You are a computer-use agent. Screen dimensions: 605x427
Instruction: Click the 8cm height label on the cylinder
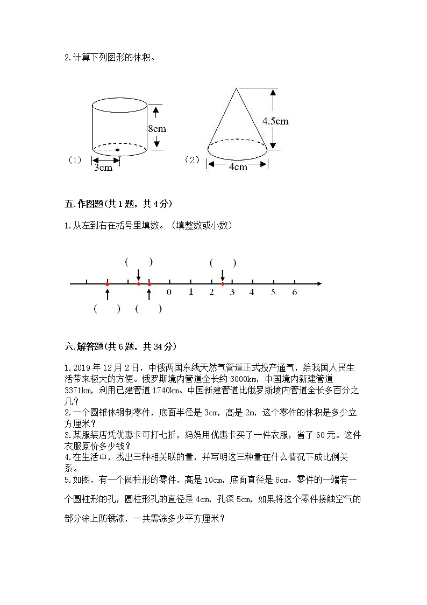pyautogui.click(x=157, y=128)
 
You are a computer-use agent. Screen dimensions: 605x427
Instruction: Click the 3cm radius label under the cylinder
pyautogui.click(x=103, y=168)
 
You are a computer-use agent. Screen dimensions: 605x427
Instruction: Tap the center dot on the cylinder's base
pyautogui.click(x=117, y=149)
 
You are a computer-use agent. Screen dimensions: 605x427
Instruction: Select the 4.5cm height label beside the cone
pyautogui.click(x=275, y=121)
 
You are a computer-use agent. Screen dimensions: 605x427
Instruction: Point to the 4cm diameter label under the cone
pyautogui.click(x=238, y=166)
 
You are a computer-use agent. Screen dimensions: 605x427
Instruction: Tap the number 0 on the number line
pyautogui.click(x=169, y=293)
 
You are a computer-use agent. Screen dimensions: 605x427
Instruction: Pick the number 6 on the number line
pyautogui.click(x=294, y=293)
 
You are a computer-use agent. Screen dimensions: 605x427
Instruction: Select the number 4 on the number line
pyautogui.click(x=252, y=293)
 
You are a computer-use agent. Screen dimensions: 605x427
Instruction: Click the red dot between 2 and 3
pyautogui.click(x=223, y=283)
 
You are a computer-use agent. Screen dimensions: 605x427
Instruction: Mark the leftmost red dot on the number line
pyautogui.click(x=108, y=283)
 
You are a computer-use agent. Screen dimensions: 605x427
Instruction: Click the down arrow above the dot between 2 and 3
pyautogui.click(x=223, y=275)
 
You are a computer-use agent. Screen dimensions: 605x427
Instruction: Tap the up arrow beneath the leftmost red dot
pyautogui.click(x=108, y=293)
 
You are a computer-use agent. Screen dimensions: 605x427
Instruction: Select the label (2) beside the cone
pyautogui.click(x=192, y=160)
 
